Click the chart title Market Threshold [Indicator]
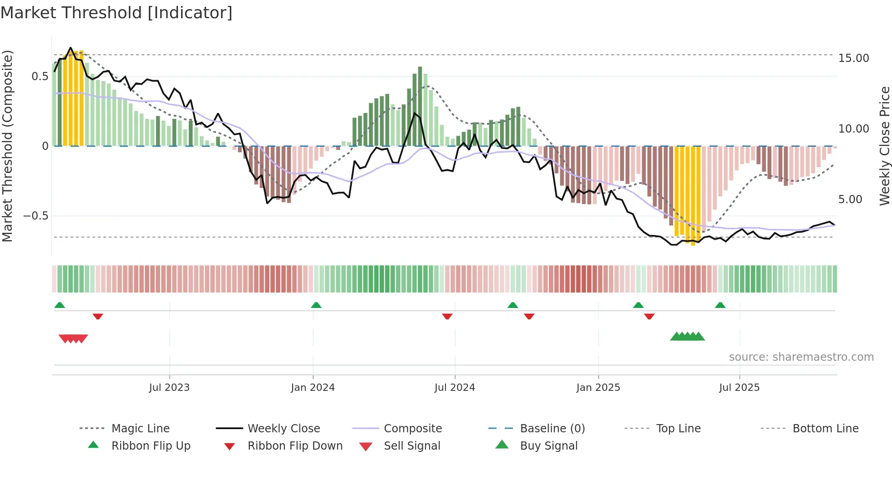117,13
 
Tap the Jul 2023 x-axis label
169,388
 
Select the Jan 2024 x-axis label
313,388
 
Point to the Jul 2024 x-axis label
455,388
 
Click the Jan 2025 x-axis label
598,388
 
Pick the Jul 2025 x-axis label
739,388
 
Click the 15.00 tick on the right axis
853,58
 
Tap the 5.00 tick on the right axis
850,200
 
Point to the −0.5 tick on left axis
36,216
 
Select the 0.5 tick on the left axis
40,77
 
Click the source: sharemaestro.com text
801,357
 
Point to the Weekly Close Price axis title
884,146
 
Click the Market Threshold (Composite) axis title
8,146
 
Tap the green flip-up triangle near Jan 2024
316,305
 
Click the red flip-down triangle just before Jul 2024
447,316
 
